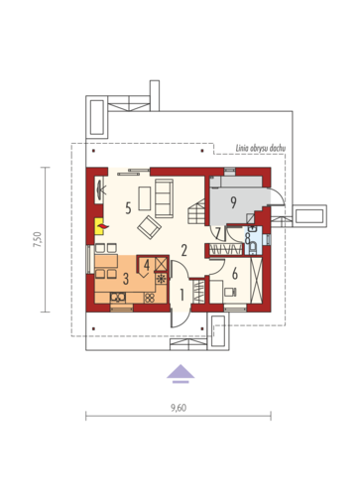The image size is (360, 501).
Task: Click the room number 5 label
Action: [128, 208]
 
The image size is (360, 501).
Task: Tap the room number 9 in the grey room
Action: [233, 202]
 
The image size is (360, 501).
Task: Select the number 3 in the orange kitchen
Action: [126, 279]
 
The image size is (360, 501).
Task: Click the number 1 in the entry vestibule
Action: [181, 295]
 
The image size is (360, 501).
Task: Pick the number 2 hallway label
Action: [184, 250]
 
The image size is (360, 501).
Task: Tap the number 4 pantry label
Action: [147, 265]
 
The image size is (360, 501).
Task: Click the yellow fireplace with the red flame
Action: [99, 226]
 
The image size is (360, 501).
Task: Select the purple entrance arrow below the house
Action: [180, 374]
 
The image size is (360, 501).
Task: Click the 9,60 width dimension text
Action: [179, 408]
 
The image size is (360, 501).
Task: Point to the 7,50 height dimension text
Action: [38, 239]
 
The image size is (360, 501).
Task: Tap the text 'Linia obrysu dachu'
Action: [261, 148]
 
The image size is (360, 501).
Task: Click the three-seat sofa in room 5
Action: [164, 198]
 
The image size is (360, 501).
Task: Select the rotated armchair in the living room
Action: [150, 227]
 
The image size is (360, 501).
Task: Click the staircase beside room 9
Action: [197, 212]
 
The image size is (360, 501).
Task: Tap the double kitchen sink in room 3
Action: [118, 298]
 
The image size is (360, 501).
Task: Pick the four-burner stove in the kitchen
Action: [150, 298]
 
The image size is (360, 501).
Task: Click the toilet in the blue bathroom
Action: [253, 247]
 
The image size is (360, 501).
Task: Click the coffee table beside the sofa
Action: [145, 198]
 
